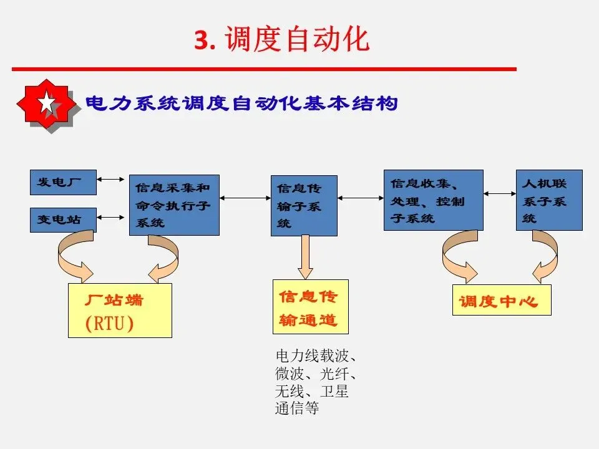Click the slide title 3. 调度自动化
pos(282,39)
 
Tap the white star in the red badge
pos(47,104)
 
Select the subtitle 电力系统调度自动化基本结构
pos(241,104)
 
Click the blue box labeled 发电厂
pos(63,181)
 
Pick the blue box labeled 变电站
pos(63,220)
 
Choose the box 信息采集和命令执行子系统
pos(174,205)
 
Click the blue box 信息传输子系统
pos(304,205)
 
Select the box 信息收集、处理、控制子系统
pos(433,200)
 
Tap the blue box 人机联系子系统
pos(549,200)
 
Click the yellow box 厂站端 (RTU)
pos(120,310)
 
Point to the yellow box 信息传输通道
pos(310,306)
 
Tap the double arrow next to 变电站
pos(112,218)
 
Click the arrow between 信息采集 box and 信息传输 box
pos(245,198)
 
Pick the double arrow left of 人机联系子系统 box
pos(500,194)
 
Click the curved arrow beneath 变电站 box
pos(74,256)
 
